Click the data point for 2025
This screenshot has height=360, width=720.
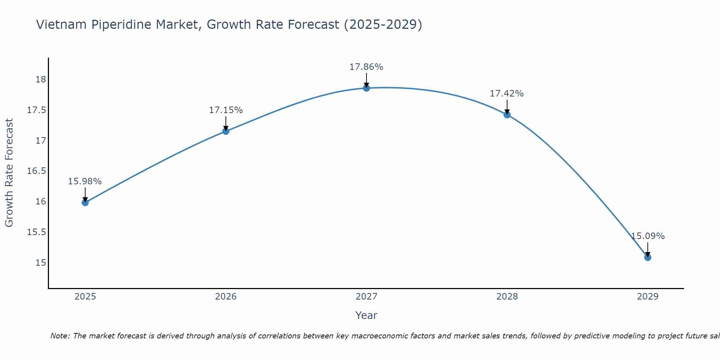pos(85,202)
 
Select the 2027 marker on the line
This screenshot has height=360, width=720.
pos(366,88)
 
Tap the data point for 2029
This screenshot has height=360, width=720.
pos(648,257)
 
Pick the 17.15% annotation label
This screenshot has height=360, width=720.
pos(226,110)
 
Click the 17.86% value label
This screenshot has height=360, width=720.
pos(366,67)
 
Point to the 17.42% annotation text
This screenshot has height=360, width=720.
pos(507,94)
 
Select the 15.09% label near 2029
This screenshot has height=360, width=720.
pos(648,236)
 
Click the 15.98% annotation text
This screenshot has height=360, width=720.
pos(85,181)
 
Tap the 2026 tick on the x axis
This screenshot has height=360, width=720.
pos(226,297)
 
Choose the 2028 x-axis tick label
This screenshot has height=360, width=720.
pos(507,297)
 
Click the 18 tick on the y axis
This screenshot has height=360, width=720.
pos(41,80)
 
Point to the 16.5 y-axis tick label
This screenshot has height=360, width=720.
pos(36,171)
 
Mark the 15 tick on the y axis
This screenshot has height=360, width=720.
pos(41,262)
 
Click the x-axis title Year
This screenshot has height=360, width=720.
pos(366,315)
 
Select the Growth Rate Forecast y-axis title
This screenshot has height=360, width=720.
pos(9,173)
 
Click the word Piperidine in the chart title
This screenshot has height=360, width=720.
pos(125,25)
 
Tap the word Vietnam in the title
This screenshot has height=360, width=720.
pos(62,25)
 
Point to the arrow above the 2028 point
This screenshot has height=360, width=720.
pos(507,107)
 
